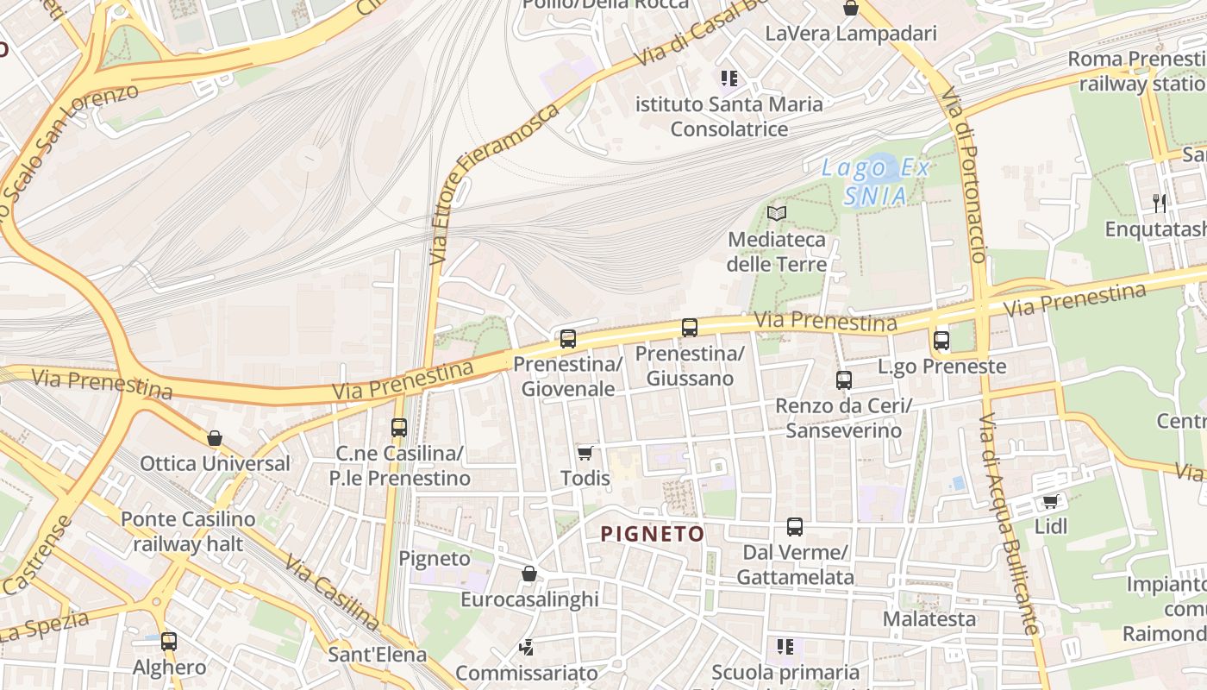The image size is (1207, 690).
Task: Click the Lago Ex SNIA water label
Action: (876, 182)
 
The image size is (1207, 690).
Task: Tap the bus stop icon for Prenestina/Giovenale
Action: (567, 339)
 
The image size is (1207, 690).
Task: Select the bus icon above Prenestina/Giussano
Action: (690, 328)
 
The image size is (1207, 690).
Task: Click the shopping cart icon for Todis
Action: (585, 453)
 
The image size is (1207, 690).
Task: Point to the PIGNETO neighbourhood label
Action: (653, 534)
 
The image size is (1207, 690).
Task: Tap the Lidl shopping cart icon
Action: (1050, 501)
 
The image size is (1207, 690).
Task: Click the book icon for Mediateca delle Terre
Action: (777, 213)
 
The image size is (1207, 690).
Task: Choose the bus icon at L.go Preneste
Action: (941, 341)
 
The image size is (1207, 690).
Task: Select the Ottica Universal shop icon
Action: (215, 438)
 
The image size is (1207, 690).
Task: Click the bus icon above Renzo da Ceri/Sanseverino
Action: (844, 380)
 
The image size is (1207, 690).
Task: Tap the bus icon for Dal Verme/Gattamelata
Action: (795, 527)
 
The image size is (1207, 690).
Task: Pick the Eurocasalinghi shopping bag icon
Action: (529, 574)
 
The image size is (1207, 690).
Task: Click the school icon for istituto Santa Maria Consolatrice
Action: (729, 79)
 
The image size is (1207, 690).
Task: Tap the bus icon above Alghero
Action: (169, 642)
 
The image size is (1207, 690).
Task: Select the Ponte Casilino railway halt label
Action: (188, 531)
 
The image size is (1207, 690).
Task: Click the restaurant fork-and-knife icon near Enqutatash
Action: (1160, 204)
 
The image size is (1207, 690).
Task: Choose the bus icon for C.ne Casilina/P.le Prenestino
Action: (399, 428)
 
